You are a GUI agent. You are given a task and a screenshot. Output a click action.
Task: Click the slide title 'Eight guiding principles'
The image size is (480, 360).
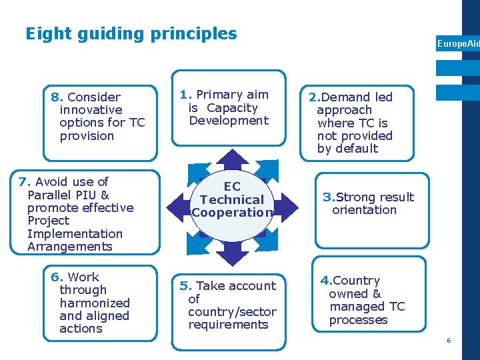(x=131, y=33)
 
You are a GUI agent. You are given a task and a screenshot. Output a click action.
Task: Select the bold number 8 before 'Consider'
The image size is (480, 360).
(x=55, y=97)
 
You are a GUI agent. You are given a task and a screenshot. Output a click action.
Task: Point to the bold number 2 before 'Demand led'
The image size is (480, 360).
(x=313, y=97)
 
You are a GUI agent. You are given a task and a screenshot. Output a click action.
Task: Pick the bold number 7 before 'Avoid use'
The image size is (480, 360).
(x=23, y=182)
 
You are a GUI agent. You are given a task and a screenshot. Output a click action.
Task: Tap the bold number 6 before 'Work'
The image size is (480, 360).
(x=55, y=277)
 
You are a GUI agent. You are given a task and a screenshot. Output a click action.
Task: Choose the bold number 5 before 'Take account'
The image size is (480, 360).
(x=184, y=286)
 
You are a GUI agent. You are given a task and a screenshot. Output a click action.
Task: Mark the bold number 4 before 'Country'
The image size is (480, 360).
(x=325, y=281)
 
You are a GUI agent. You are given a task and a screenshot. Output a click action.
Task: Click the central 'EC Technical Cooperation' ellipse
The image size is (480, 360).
(x=232, y=200)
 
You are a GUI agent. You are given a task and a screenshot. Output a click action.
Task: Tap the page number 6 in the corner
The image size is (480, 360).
(x=449, y=341)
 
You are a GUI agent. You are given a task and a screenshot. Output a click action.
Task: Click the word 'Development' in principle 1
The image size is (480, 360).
(x=229, y=121)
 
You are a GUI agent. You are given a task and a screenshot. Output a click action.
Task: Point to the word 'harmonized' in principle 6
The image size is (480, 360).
(x=95, y=303)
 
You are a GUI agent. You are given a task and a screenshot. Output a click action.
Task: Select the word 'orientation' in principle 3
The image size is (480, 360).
(x=364, y=210)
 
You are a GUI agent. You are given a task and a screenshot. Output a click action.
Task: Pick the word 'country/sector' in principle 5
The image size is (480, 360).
(x=232, y=312)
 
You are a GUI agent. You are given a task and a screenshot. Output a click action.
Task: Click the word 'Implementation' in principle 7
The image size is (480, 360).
(x=75, y=234)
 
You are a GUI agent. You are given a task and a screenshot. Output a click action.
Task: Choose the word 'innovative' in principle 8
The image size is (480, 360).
(x=91, y=110)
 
